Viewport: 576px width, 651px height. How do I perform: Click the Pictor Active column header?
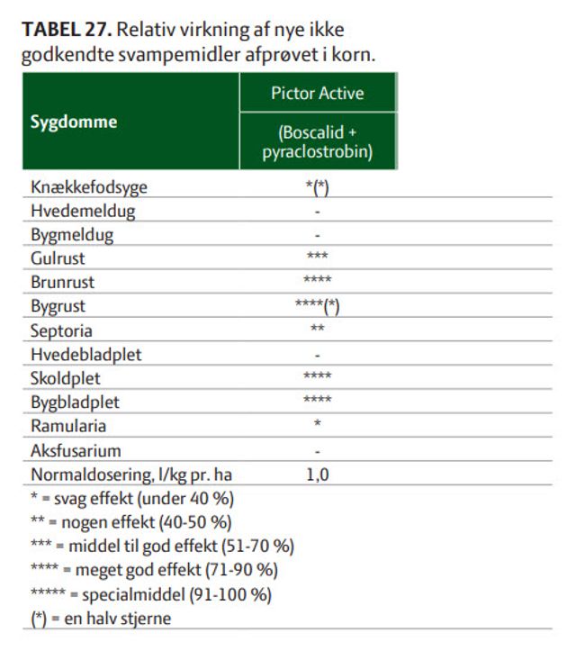(318, 94)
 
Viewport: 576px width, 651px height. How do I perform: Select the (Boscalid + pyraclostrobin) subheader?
(318, 142)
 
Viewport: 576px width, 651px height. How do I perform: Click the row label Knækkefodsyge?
(88, 187)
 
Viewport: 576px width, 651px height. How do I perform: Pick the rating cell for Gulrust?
(318, 257)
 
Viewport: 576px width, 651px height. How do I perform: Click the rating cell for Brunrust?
(318, 280)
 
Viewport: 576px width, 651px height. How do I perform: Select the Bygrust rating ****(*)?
(318, 304)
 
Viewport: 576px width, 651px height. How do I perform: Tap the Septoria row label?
(61, 330)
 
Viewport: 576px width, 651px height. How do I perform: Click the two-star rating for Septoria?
(318, 328)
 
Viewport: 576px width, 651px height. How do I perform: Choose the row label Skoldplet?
(63, 377)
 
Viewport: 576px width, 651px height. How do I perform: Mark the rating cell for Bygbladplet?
(318, 400)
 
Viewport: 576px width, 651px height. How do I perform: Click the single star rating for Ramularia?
(318, 423)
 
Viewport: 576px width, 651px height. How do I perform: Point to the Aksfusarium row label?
(76, 449)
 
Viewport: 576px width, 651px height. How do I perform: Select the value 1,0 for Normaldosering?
(318, 474)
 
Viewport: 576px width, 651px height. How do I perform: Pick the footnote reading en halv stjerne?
(101, 619)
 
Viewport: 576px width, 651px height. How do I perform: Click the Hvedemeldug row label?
(83, 212)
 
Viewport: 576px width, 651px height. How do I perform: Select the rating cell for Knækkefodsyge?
(318, 187)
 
